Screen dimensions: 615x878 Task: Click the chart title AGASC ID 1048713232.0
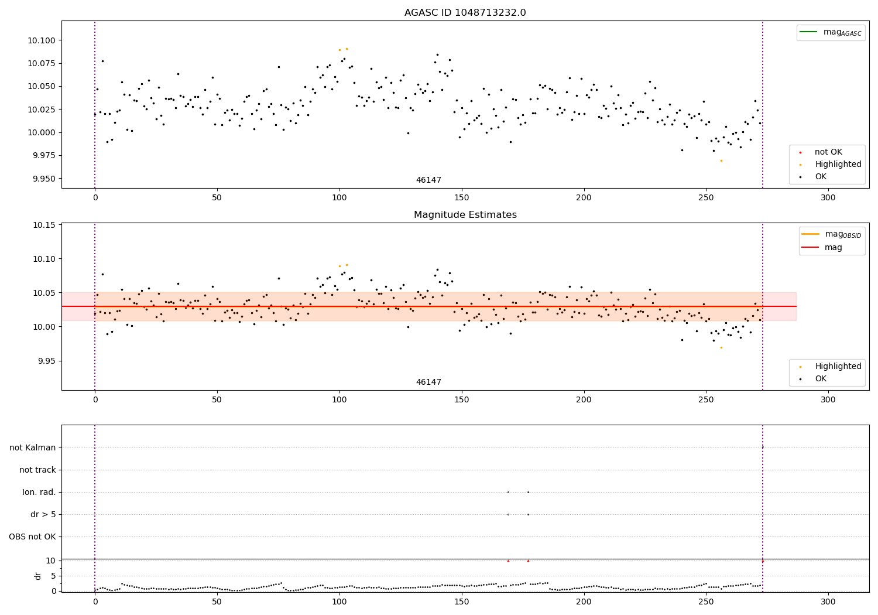click(465, 13)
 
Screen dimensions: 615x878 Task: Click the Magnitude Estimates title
click(465, 215)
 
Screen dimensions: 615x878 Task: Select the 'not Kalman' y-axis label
click(33, 448)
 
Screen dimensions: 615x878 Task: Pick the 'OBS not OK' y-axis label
click(32, 537)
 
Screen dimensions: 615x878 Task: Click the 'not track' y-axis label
click(37, 470)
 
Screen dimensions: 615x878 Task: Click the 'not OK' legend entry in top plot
click(828, 152)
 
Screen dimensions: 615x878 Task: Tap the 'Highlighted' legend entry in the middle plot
click(838, 367)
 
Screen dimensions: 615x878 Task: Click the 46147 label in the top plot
click(428, 180)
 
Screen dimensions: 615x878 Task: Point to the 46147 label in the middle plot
click(428, 382)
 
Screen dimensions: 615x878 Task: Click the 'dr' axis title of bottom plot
click(38, 576)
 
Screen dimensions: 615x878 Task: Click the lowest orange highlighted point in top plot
click(721, 160)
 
